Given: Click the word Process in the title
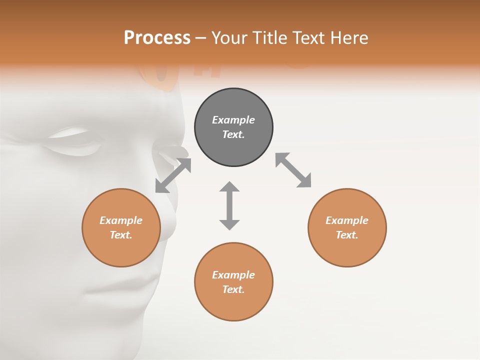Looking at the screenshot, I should tap(157, 38).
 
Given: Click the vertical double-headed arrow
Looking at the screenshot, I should tap(229, 205).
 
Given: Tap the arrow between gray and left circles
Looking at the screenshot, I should tap(173, 175).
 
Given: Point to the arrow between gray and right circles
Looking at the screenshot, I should tap(293, 170).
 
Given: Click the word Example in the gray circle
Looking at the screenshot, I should tap(233, 120).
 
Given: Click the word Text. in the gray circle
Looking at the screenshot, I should tap(233, 134).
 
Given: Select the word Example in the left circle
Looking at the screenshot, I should tap(121, 220).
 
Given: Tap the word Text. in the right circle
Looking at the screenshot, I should tap(347, 235).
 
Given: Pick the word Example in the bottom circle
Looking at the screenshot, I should tap(233, 275).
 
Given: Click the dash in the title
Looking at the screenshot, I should tap(201, 38).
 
